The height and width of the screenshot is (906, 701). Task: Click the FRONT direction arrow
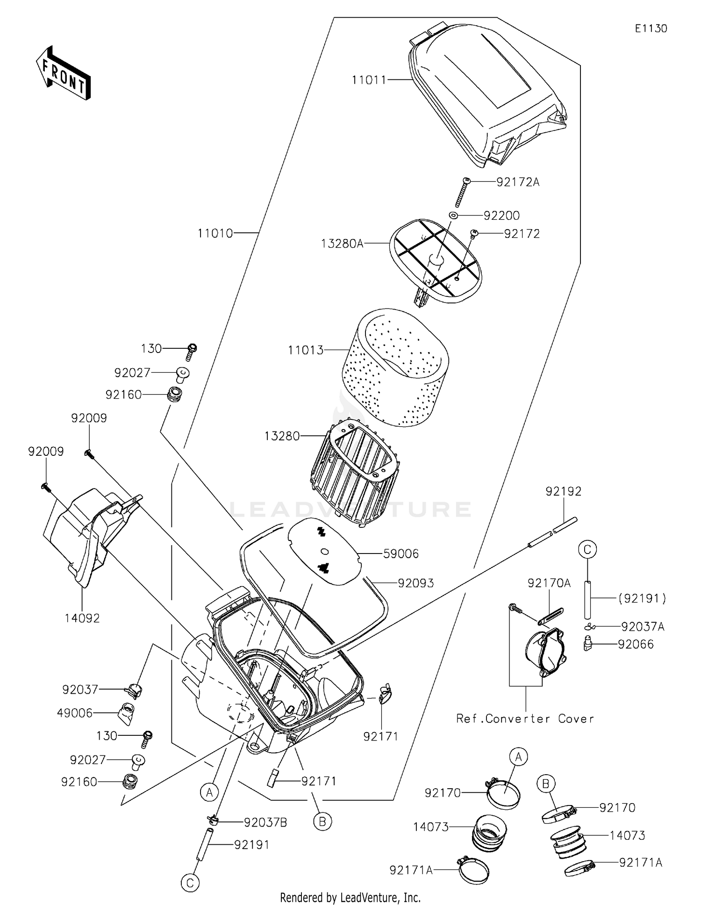point(63,73)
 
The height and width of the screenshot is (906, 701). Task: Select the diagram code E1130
point(651,29)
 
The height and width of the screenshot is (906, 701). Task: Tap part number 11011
point(369,80)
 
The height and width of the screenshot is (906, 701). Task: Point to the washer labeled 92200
point(453,216)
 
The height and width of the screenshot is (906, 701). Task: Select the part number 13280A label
point(342,244)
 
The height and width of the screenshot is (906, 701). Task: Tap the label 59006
point(401,554)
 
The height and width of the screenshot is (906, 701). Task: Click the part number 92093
point(415,583)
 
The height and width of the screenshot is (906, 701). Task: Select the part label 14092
point(82,618)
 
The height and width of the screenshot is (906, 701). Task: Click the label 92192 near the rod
point(564,491)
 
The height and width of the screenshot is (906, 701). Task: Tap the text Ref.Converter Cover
point(525,719)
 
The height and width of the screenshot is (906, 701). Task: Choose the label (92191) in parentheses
point(642,598)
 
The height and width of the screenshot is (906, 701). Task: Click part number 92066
point(636,644)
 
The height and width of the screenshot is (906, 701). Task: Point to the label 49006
point(75,713)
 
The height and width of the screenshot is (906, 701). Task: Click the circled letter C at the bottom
point(190,883)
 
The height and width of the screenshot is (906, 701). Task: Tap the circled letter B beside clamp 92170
point(545,783)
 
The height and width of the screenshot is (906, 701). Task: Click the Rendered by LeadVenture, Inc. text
point(350,897)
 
